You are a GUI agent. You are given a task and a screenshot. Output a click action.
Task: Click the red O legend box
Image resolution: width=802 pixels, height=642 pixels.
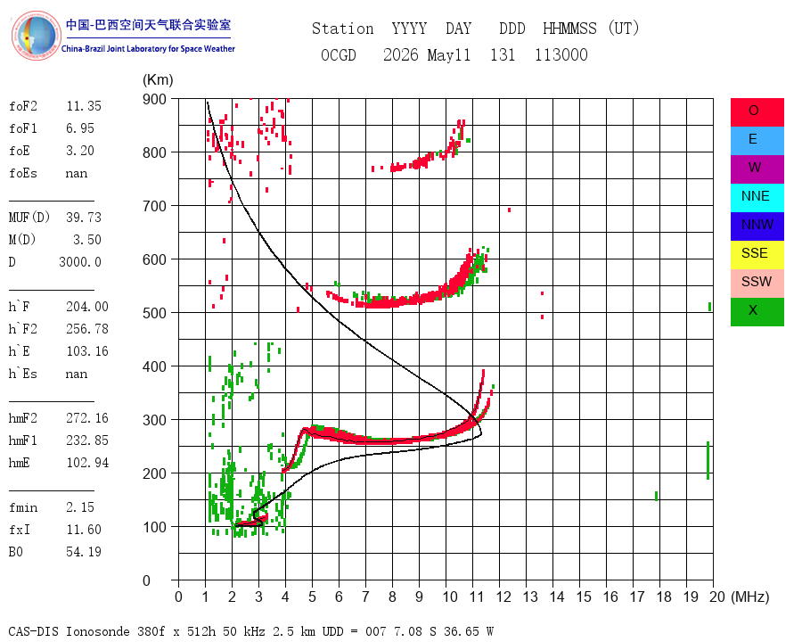757,112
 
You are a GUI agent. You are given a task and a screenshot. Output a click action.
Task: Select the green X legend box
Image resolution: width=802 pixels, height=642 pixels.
757,312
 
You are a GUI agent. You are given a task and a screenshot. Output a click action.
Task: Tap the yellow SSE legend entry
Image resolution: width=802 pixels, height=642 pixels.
757,255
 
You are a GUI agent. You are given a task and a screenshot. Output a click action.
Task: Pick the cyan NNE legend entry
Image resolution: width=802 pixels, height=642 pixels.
757,198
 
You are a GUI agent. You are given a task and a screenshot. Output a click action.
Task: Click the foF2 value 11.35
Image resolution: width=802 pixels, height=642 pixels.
84,106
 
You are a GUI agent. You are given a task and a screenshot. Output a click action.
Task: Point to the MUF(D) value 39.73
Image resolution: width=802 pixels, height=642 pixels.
84,218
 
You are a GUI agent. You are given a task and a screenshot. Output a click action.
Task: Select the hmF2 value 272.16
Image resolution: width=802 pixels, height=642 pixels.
87,418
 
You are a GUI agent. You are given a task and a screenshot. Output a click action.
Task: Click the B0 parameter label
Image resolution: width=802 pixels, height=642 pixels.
16,552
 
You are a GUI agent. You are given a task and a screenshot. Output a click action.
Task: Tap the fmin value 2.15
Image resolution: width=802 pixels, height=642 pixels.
80,507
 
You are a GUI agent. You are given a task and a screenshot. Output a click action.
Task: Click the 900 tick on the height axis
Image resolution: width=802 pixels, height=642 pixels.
154,99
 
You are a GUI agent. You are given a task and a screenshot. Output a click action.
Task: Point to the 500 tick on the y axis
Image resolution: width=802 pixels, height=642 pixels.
154,313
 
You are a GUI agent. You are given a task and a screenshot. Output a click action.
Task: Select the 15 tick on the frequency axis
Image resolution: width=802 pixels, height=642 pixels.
584,597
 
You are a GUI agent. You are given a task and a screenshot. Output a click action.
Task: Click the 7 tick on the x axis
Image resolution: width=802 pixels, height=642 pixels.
365,597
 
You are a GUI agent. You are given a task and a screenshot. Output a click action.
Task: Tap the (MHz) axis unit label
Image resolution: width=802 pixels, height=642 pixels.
750,597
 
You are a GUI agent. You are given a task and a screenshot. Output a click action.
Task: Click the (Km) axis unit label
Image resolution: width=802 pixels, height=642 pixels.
158,80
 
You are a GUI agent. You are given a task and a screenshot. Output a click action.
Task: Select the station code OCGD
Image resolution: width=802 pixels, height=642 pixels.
339,54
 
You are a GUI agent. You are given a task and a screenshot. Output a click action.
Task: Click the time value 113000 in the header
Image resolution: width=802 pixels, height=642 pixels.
561,54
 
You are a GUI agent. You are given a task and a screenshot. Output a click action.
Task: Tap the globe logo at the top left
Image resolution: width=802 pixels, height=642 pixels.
36,36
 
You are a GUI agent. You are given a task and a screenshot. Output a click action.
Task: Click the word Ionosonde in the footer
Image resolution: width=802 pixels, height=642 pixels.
98,631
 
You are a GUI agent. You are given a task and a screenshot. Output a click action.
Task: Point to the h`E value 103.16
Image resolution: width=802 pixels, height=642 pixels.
87,351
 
